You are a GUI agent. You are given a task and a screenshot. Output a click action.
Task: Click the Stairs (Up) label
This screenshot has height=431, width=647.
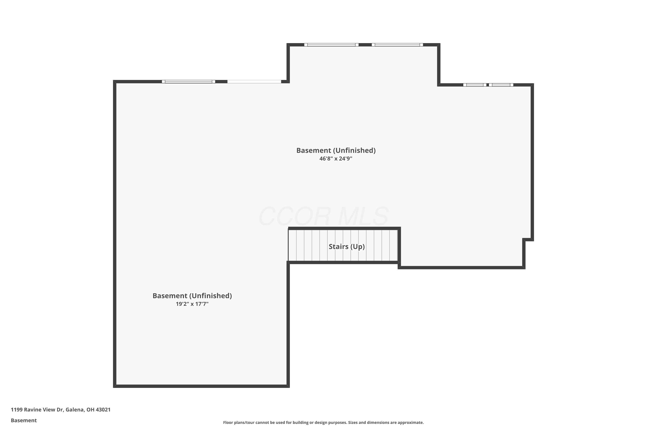347,247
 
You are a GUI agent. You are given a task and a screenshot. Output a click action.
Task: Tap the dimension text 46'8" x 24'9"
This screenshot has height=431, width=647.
336,159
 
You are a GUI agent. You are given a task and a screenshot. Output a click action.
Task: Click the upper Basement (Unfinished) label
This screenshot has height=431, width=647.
336,150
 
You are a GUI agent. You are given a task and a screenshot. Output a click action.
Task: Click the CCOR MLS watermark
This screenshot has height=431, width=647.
323,216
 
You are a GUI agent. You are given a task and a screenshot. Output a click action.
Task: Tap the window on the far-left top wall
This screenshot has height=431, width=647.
188,82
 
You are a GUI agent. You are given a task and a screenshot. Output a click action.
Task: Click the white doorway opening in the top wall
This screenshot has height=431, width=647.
254,82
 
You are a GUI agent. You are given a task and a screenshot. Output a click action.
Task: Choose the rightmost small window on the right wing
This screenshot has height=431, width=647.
501,85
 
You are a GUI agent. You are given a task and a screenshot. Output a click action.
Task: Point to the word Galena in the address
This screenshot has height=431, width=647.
75,410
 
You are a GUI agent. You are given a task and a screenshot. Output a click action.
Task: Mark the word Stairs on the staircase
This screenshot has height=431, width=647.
338,247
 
